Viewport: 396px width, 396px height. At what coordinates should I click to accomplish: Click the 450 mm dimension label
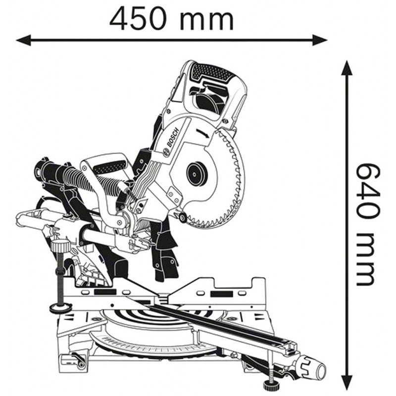(172, 19)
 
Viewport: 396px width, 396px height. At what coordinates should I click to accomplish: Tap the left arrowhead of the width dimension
(23, 40)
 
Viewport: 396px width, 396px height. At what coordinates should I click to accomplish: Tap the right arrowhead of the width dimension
(320, 40)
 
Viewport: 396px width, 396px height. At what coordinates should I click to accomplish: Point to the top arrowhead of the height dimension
(347, 68)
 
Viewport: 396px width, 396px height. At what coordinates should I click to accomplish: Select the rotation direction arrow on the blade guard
(203, 134)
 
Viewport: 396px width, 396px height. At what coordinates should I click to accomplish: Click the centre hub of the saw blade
(197, 173)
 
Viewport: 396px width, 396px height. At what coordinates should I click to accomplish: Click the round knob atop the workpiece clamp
(61, 245)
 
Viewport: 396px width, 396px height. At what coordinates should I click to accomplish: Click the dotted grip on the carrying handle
(110, 166)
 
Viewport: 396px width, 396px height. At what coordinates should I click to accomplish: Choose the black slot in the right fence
(222, 294)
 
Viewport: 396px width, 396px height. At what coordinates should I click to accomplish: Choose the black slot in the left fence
(105, 292)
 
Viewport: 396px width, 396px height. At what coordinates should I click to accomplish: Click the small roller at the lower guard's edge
(182, 218)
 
